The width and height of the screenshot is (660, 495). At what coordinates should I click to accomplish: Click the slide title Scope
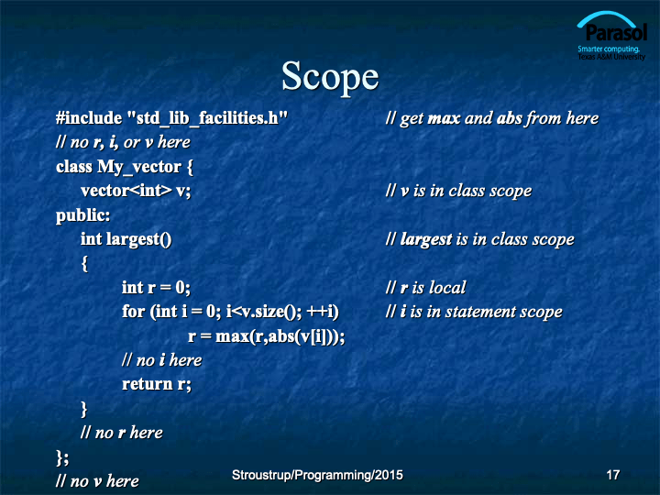330,76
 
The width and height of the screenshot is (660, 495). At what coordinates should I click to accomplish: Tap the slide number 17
613,475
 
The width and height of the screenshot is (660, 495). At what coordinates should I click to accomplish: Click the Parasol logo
611,36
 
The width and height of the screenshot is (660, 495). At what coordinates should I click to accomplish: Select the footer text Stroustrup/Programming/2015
317,475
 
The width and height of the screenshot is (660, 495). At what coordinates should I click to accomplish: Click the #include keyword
89,118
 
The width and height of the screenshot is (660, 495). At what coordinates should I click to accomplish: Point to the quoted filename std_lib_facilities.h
207,118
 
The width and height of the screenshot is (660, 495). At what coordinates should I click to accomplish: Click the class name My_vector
139,167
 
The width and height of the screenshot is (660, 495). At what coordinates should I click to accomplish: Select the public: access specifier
82,216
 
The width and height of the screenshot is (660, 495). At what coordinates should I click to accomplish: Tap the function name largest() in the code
139,239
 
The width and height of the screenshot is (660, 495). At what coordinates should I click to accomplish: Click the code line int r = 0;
156,288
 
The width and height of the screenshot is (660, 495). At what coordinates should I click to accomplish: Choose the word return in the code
148,384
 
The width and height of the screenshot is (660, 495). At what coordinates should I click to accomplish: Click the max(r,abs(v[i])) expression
279,336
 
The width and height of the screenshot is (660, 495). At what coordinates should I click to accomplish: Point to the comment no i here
162,360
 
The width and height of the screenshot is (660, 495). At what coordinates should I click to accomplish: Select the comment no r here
122,433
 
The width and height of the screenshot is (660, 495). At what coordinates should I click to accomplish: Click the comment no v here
97,481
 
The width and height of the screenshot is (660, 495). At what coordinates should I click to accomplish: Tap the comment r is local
426,288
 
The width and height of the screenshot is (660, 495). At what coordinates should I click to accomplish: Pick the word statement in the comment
480,312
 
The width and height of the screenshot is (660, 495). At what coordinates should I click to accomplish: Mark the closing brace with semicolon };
62,457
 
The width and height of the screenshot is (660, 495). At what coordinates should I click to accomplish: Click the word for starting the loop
134,312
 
